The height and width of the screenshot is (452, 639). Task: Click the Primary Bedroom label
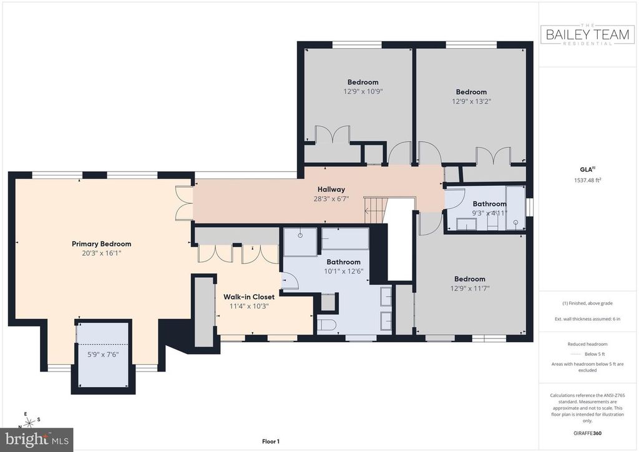pos(102,243)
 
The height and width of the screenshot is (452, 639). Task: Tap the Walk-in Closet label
pos(249,297)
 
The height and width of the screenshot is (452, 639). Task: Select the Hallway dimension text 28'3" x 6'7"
pos(331,199)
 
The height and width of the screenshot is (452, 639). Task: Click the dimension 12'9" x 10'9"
pos(363,91)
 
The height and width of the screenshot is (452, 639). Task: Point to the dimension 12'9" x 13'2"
pos(472,101)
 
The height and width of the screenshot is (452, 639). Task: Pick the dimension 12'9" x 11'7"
pos(470,288)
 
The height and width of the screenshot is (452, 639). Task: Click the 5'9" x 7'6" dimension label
pos(103,354)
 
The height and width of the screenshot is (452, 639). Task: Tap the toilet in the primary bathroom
pos(326,325)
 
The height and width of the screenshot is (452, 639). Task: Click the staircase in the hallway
pos(374,210)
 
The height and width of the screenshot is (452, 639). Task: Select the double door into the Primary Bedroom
pos(183,203)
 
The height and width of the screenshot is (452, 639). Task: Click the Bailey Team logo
pos(587,34)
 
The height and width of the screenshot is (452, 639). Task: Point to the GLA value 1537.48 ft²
pos(587,180)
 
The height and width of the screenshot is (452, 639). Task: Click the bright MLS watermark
pos(37,440)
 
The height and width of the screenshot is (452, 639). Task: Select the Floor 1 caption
pos(271,441)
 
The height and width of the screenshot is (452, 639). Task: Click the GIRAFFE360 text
pos(587,433)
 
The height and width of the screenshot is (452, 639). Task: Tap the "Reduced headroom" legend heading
pos(587,344)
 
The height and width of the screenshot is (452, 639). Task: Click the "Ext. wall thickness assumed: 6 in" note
pos(587,319)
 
